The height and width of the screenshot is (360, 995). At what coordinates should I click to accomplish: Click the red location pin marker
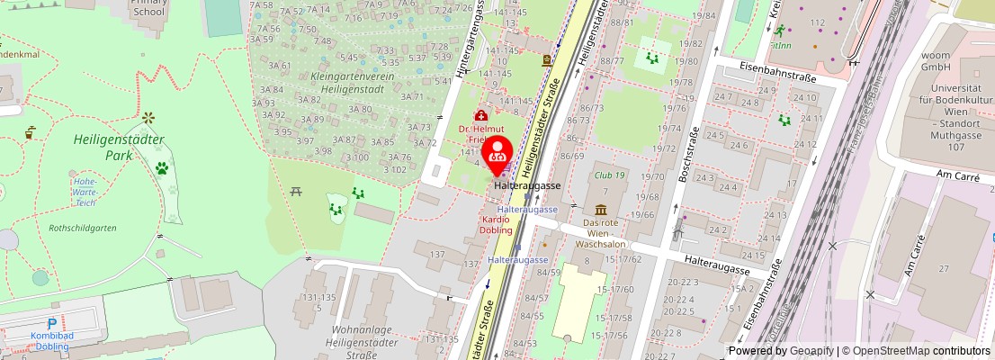tap(499, 155)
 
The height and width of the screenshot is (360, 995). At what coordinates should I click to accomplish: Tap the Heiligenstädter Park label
tap(118, 148)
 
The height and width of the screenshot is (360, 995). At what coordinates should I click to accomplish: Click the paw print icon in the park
tap(162, 168)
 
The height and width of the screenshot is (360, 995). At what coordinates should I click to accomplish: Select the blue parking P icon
tap(52, 324)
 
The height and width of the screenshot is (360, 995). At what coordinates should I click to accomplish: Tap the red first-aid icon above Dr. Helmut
tap(481, 116)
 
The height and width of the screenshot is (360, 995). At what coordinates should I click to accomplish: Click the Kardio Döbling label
tap(497, 224)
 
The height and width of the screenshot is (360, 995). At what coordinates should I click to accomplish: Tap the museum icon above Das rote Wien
tap(601, 210)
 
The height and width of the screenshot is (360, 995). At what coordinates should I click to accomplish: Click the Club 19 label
tap(609, 176)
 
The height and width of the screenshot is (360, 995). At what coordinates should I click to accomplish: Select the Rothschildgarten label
tap(83, 228)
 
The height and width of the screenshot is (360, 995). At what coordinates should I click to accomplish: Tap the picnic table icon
tap(296, 190)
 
